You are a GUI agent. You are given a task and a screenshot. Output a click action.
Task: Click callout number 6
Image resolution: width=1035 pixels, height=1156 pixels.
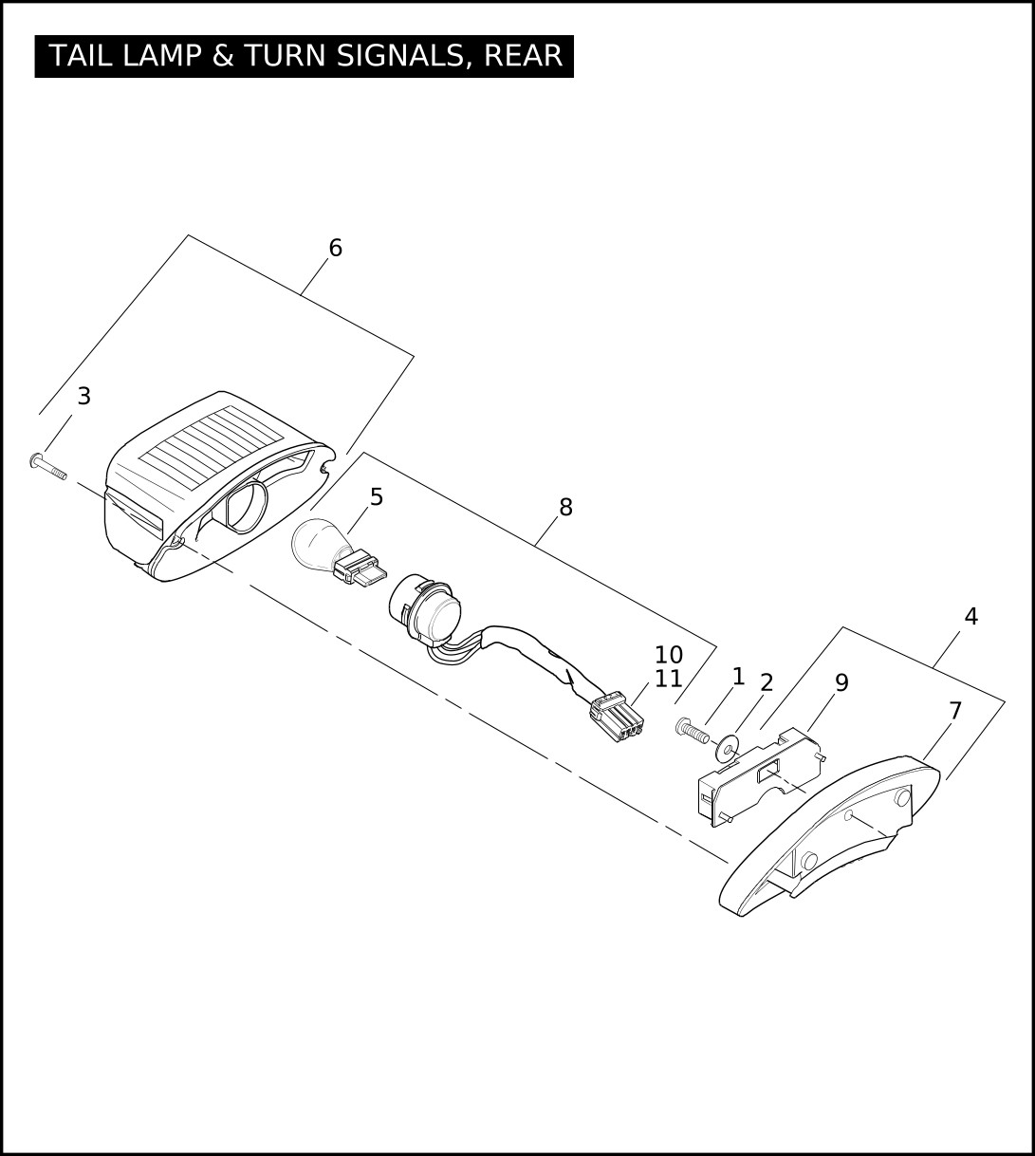pyautogui.click(x=335, y=248)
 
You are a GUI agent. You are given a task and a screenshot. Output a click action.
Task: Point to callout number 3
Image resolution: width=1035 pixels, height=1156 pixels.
pyautogui.click(x=83, y=396)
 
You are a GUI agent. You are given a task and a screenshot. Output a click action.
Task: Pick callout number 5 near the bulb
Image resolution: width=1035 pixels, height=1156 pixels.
pyautogui.click(x=377, y=497)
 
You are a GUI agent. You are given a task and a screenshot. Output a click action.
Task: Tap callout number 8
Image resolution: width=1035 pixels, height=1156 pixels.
pyautogui.click(x=565, y=507)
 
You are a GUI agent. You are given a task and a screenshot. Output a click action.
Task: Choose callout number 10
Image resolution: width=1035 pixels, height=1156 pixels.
pyautogui.click(x=668, y=655)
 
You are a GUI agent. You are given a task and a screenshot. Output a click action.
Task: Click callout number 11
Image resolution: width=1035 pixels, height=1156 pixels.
pyautogui.click(x=668, y=679)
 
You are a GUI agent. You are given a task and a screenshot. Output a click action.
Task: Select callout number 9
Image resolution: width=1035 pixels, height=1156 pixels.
pyautogui.click(x=841, y=682)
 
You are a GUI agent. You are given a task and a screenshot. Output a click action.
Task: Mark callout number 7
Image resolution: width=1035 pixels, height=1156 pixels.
pyautogui.click(x=955, y=710)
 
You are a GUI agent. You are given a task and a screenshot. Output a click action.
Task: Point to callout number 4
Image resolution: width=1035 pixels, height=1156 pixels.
pyautogui.click(x=971, y=616)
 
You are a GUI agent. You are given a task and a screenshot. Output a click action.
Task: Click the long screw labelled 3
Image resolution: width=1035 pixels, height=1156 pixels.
pyautogui.click(x=47, y=467)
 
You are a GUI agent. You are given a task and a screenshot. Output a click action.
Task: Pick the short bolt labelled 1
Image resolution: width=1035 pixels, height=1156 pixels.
pyautogui.click(x=692, y=730)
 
